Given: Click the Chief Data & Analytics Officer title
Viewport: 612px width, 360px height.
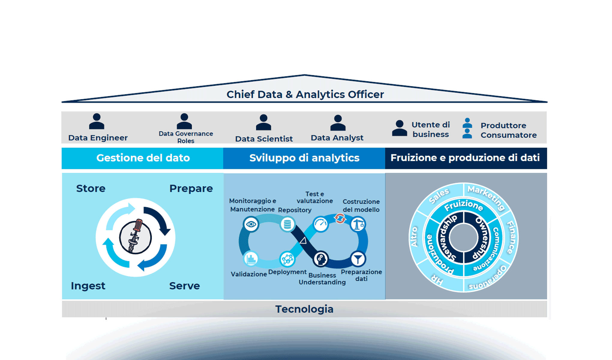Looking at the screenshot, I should (305, 94).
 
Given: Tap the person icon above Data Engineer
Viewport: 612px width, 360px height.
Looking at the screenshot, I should (97, 121).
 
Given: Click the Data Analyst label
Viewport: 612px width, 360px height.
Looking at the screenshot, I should (337, 138).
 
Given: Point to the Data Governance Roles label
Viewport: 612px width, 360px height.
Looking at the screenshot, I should (186, 137).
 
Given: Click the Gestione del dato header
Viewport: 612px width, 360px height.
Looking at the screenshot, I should (143, 158).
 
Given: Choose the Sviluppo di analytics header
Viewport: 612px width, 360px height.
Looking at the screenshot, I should (304, 158).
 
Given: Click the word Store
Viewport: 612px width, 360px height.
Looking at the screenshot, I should (91, 188).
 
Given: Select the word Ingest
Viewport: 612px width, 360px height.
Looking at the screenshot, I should (88, 286).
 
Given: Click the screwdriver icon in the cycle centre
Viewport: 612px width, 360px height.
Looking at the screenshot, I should (135, 237).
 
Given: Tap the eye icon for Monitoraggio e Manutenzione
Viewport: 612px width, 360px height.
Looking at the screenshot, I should (251, 224).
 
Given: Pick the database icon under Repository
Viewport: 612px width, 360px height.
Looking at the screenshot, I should (287, 224).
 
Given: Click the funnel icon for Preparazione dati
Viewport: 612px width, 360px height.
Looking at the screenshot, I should (358, 259).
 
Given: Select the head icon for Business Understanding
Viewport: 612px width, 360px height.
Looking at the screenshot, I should (321, 259).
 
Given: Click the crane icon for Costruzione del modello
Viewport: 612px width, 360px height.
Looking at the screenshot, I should (358, 224).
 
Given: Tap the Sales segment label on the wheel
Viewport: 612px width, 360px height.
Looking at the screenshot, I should (439, 196).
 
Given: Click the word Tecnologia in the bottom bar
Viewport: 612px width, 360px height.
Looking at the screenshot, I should (304, 309).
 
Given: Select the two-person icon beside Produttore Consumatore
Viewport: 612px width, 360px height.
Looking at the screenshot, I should (467, 128).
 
